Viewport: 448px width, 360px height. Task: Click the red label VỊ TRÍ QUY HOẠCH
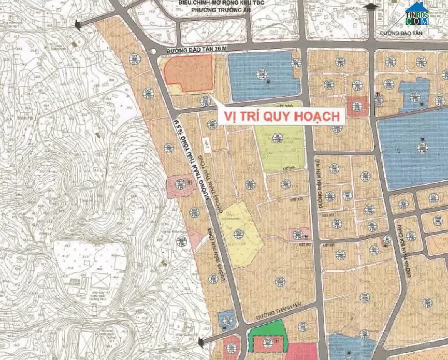[280, 116]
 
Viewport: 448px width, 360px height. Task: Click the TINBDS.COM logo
[417, 14]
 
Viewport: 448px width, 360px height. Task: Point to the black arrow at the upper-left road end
[78, 25]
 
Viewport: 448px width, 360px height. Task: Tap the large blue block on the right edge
[414, 152]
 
